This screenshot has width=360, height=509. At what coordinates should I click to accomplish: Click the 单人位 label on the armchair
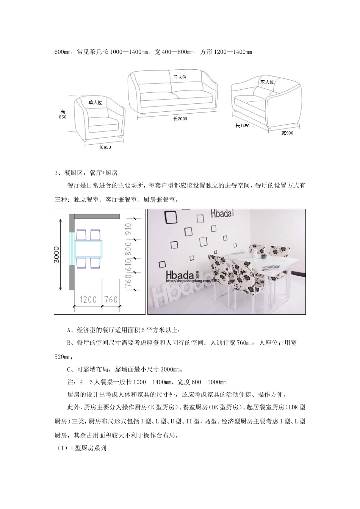pyautogui.click(x=95, y=102)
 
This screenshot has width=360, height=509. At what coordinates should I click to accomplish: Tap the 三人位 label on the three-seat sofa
pyautogui.click(x=180, y=77)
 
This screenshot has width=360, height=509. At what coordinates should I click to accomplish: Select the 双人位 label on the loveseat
pyautogui.click(x=267, y=82)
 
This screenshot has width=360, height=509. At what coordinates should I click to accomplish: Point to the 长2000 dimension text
pyautogui.click(x=180, y=119)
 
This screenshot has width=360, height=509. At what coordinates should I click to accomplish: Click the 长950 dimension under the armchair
pyautogui.click(x=105, y=147)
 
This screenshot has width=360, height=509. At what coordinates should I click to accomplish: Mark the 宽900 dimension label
pyautogui.click(x=287, y=133)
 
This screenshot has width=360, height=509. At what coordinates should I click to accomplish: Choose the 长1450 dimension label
pyautogui.click(x=243, y=126)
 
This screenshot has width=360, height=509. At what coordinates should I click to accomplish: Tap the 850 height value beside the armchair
pyautogui.click(x=63, y=117)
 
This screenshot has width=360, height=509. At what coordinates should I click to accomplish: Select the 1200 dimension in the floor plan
pyautogui.click(x=88, y=300)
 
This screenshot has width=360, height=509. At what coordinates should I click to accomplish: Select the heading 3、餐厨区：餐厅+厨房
pyautogui.click(x=86, y=173)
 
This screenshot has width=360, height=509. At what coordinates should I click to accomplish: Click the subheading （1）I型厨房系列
pyautogui.click(x=80, y=448)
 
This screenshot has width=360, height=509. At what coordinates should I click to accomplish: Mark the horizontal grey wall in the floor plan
pyautogui.click(x=95, y=216)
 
